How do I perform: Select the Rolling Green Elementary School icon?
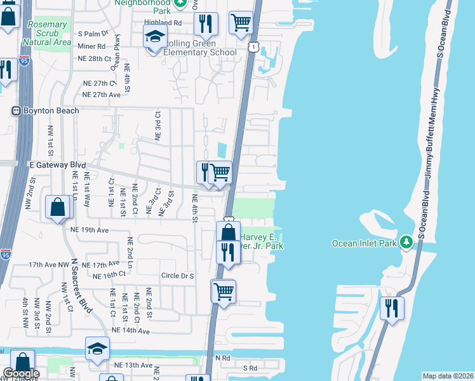[154, 39]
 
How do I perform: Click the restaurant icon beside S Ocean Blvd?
[392, 308]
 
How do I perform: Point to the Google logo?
[20, 373]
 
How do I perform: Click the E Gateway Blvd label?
[57, 164]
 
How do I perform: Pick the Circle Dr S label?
[177, 276]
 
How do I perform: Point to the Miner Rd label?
[92, 46]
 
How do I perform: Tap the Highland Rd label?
[163, 22]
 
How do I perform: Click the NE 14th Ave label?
[130, 331]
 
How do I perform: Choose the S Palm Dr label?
[94, 33]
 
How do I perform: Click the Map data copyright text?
[448, 376]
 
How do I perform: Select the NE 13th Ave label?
[134, 365]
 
